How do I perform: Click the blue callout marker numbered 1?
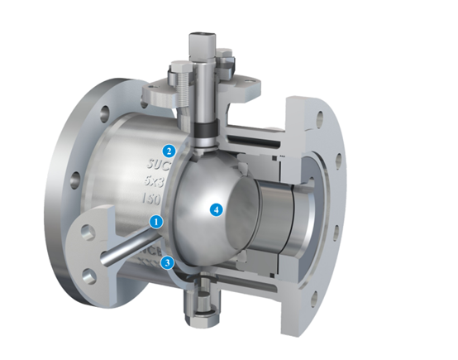(155, 221)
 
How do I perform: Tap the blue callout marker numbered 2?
(169, 151)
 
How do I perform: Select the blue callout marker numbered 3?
(168, 263)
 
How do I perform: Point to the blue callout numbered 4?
(217, 209)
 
